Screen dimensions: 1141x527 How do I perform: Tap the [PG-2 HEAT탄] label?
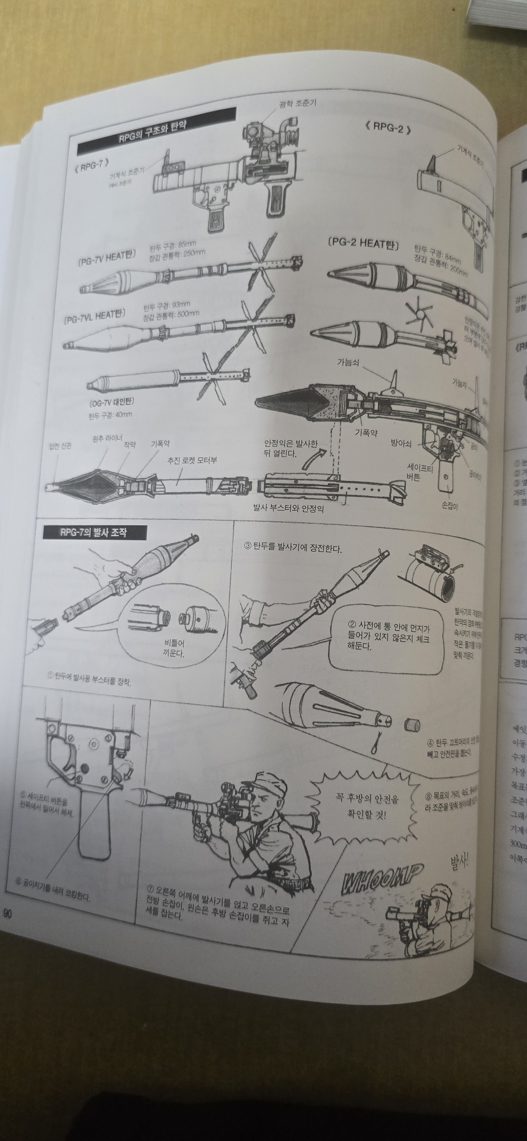coord(363,243)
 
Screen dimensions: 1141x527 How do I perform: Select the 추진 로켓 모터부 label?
coord(192,461)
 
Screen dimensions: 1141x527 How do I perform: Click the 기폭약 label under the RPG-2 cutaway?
coord(366,433)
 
